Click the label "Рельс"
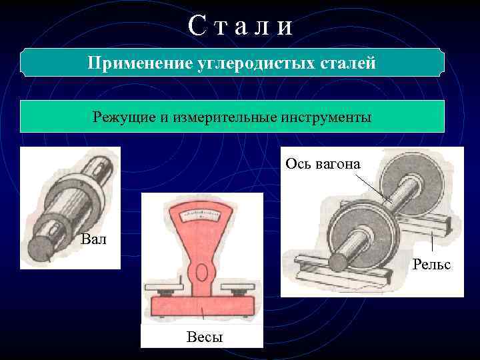tap(431, 265)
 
